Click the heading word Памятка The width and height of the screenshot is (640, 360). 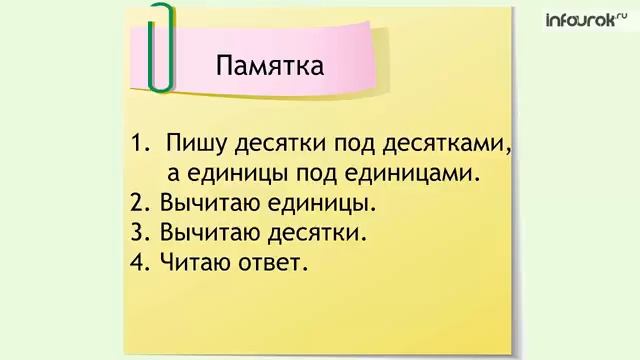269,68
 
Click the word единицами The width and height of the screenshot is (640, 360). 417,173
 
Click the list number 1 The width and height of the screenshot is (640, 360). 138,143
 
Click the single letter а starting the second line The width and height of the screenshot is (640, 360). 173,174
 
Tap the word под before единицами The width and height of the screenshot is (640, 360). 321,174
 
